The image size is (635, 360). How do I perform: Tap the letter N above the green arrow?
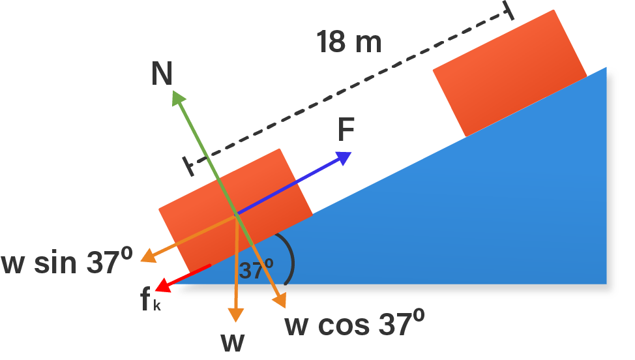coord(162,74)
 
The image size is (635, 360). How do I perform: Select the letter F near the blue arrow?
coord(346,131)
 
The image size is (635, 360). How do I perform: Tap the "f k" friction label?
coord(149,301)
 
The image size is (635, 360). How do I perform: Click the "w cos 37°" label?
coord(355,323)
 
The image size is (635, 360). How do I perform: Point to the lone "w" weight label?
coord(233,342)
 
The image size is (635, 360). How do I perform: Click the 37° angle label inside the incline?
coord(256,269)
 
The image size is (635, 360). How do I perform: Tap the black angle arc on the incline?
coord(290,258)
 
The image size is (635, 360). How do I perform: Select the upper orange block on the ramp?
coord(509,73)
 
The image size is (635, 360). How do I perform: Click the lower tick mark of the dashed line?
coord(189,166)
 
